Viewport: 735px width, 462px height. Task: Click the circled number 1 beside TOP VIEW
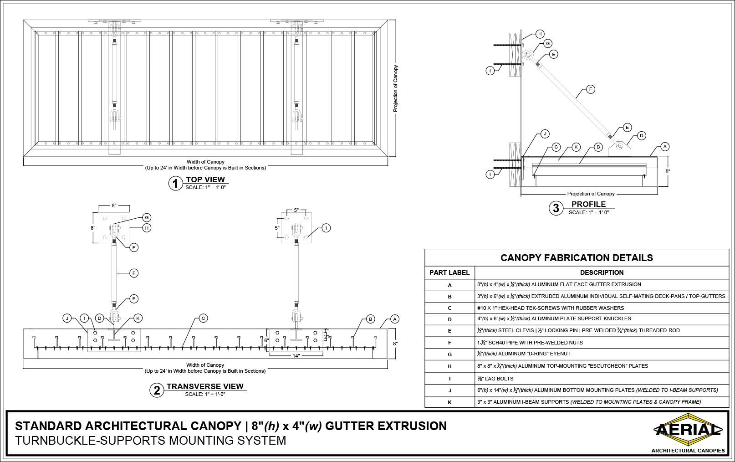175,184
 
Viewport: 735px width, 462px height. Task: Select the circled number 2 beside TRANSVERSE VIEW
157,390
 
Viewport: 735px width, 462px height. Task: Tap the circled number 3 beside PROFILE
556,208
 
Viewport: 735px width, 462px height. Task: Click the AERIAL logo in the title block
688,430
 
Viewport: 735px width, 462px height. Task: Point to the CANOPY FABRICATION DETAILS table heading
577,258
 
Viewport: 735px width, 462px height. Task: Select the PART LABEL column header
449,272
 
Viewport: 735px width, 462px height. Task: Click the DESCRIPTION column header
602,272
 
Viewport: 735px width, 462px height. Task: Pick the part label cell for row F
449,343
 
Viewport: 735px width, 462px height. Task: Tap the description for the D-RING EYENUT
524,354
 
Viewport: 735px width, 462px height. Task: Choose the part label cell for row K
449,402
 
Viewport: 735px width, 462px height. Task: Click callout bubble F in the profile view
590,89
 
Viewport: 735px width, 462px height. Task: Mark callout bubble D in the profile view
641,135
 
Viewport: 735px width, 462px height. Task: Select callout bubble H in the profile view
540,34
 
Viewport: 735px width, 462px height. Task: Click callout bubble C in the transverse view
204,318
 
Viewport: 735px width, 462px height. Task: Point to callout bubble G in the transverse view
146,217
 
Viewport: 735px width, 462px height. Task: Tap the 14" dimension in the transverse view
296,356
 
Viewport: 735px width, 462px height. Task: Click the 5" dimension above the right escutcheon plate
296,210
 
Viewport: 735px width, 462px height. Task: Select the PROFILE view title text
588,204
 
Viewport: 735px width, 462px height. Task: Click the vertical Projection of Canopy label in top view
396,89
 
